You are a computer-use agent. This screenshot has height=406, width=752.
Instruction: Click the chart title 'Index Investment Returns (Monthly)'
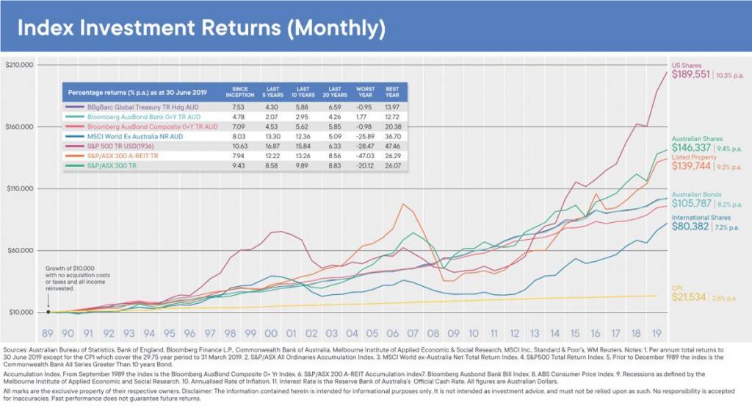click(200, 29)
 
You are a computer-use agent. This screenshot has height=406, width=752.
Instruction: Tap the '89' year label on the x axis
click(48, 332)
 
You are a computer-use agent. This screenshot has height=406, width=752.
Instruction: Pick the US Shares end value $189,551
click(691, 75)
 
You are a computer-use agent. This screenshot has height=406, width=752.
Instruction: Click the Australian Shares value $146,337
click(691, 148)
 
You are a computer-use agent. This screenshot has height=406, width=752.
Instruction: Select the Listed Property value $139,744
click(691, 167)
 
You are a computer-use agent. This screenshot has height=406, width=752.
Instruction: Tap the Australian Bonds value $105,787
click(691, 203)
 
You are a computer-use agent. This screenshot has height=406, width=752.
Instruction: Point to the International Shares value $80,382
click(691, 227)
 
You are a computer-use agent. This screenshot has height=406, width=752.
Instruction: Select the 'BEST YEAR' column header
click(394, 93)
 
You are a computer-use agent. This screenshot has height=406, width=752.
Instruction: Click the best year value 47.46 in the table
click(394, 146)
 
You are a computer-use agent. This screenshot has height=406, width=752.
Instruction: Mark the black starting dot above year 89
click(48, 312)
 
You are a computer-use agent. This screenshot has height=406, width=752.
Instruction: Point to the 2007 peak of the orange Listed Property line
click(402, 204)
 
